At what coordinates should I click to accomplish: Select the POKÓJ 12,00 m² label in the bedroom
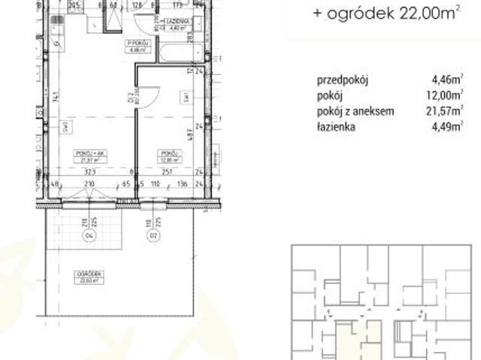(167, 156)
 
